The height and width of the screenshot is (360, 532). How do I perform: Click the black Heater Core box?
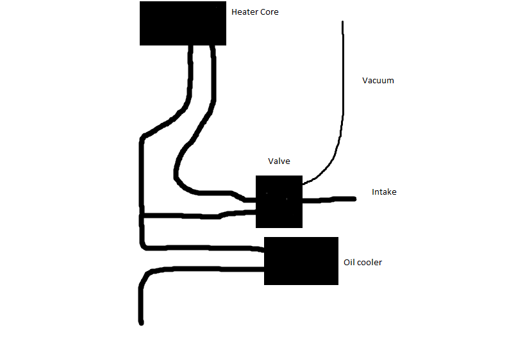click(x=183, y=22)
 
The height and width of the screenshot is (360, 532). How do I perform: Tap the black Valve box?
click(x=279, y=202)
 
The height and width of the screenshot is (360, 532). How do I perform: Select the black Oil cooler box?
click(x=301, y=261)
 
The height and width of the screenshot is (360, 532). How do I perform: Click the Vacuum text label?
click(x=378, y=81)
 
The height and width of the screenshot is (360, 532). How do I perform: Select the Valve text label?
click(x=279, y=161)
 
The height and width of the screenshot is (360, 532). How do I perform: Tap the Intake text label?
click(x=384, y=192)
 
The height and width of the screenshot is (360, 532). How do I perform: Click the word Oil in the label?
click(x=349, y=263)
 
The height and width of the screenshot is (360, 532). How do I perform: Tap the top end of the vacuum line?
click(x=342, y=23)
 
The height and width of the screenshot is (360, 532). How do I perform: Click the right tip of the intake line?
click(x=354, y=199)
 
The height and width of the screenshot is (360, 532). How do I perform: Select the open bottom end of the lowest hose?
click(x=140, y=322)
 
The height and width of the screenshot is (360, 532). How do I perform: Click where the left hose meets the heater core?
click(x=190, y=47)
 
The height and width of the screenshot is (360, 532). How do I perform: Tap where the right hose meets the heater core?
click(x=212, y=47)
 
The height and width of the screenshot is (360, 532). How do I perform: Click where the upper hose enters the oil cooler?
click(x=263, y=249)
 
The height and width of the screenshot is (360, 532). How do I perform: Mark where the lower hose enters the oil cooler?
click(x=263, y=269)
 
